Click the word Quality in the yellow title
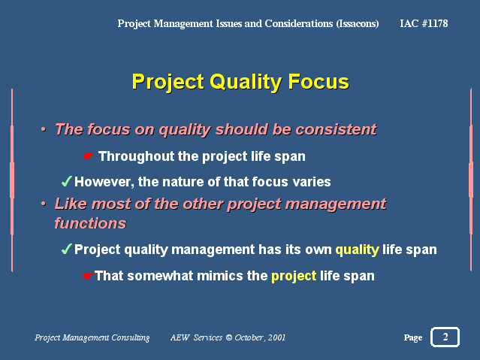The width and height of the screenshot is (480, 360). point(246,82)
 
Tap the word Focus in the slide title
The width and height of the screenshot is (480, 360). point(318,81)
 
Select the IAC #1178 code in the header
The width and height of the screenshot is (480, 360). point(424,23)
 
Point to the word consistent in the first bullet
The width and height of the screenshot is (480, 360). point(336,129)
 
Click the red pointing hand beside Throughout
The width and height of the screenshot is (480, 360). point(88,156)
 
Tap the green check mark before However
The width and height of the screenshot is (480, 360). point(66,181)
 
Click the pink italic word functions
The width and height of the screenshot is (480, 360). point(90,223)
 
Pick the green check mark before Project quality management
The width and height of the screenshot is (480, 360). point(66,249)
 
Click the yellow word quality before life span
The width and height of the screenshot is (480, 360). point(358,250)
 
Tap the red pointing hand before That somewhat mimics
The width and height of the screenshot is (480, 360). point(88,276)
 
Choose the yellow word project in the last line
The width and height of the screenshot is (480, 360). point(294,277)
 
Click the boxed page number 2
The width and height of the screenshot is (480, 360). point(445,337)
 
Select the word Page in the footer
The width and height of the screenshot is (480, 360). point(413,337)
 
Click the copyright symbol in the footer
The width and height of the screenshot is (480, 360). point(229,337)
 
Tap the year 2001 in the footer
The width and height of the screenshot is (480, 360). point(276,337)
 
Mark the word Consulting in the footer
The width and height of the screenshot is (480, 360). point(131,337)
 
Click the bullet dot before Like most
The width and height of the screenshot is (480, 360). point(44,204)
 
